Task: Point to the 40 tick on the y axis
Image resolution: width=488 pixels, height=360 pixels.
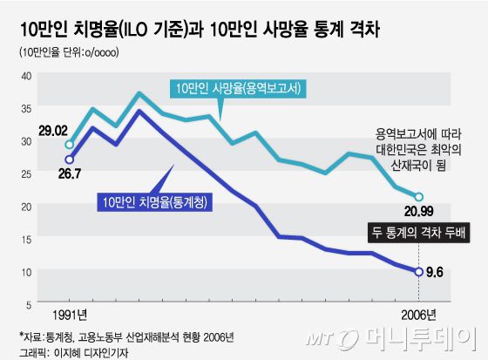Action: coord(24,76)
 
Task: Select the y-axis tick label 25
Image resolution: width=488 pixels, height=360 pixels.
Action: coord(24,173)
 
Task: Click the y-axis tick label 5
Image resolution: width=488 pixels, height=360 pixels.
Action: coord(28,303)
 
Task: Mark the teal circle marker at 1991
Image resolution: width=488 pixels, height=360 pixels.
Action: coord(70,145)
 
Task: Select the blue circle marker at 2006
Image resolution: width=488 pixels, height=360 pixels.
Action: coord(420,272)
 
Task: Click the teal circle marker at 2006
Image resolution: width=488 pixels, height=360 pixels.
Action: coord(419,197)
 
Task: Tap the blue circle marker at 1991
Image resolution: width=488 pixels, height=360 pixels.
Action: coord(70,160)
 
